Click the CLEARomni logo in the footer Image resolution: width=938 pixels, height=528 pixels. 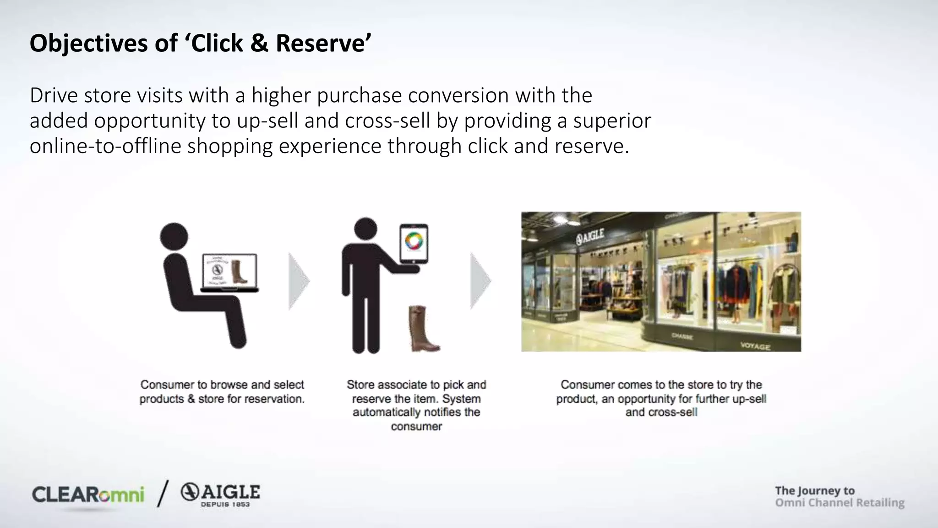(x=88, y=495)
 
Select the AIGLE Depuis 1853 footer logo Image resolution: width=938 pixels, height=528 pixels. (x=220, y=495)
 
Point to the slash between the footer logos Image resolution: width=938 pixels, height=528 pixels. (x=163, y=494)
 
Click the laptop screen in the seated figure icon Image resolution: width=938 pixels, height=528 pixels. (x=229, y=272)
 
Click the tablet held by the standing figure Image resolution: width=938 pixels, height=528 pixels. (x=414, y=243)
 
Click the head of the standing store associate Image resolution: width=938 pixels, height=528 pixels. (x=365, y=229)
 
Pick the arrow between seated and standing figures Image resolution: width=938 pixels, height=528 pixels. (x=299, y=281)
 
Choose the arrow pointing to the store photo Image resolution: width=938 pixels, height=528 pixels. (x=480, y=281)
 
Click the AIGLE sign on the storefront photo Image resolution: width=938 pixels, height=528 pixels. (x=590, y=236)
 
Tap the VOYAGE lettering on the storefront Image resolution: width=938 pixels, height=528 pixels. (x=755, y=346)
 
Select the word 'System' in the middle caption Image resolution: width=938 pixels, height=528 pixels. (x=461, y=399)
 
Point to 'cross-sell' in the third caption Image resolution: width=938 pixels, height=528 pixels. (x=675, y=412)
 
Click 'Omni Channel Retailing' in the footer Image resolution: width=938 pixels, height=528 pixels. (x=840, y=503)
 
